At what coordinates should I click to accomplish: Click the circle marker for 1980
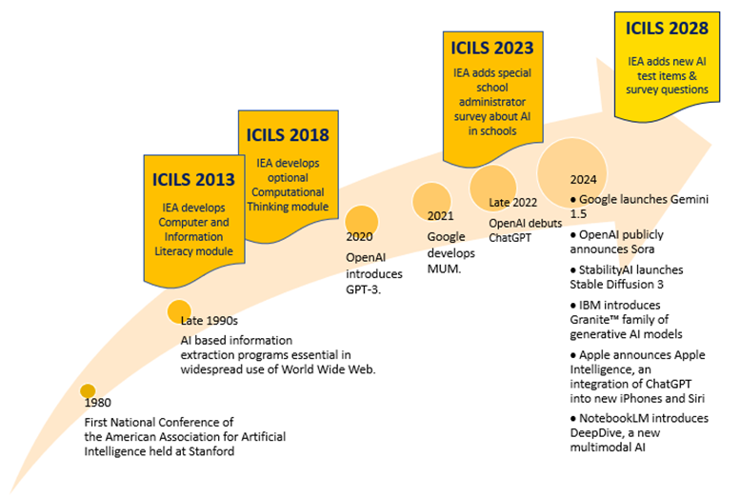pos(88,390)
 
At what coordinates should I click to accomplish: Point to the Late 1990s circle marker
pos(179,310)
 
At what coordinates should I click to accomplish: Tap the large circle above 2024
pos(572,169)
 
